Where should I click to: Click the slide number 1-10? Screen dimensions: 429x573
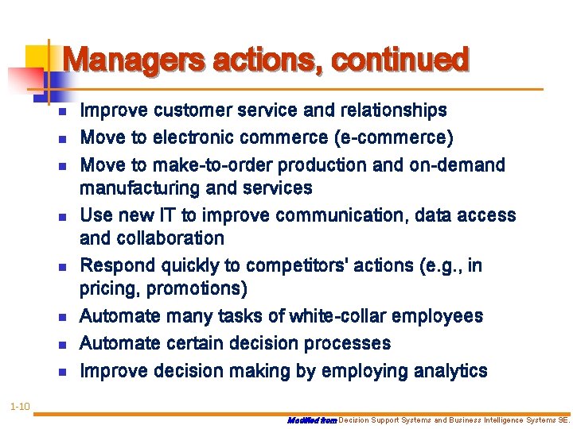pyautogui.click(x=20, y=408)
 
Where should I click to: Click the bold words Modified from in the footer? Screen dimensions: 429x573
pyautogui.click(x=312, y=419)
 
